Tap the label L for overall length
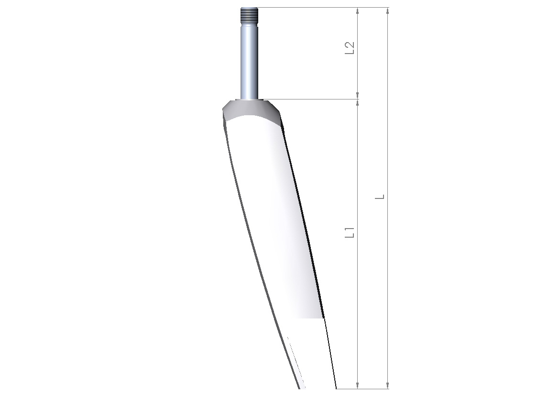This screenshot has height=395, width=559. (x=381, y=197)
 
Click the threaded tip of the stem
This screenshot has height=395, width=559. (x=250, y=15)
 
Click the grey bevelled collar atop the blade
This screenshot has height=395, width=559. (x=252, y=110)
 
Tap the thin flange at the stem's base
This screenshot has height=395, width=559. (x=250, y=100)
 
